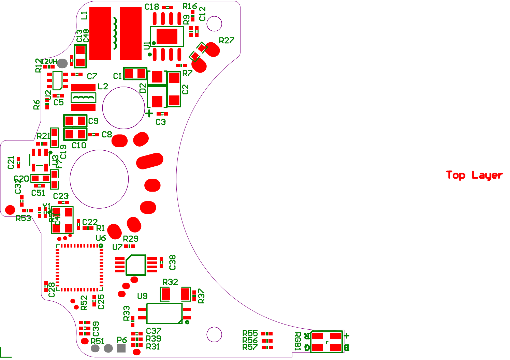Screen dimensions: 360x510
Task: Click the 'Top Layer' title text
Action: point(474,175)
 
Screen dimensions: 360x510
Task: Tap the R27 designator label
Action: point(226,41)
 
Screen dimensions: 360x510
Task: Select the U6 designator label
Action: point(101,238)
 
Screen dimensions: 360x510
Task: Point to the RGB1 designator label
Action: point(297,341)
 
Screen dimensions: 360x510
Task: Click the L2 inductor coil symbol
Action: point(84,98)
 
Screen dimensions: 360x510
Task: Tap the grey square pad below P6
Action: point(121,348)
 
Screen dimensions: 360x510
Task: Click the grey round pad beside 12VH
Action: point(62,63)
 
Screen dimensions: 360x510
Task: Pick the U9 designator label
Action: point(142,296)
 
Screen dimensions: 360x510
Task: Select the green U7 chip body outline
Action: point(136,265)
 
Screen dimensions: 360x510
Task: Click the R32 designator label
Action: point(170,282)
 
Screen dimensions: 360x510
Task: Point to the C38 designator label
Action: point(173,262)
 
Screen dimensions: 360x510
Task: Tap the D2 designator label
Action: point(143,88)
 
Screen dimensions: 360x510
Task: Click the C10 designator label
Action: point(79,146)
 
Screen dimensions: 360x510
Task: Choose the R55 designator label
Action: point(250,333)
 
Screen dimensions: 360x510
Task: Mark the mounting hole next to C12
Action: point(214,24)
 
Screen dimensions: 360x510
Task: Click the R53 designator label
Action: point(23,219)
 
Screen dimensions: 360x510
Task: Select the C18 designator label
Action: point(152,7)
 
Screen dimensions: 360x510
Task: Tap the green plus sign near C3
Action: point(149,114)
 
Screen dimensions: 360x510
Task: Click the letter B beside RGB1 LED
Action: point(347,348)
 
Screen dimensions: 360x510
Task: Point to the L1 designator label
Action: point(84,15)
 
